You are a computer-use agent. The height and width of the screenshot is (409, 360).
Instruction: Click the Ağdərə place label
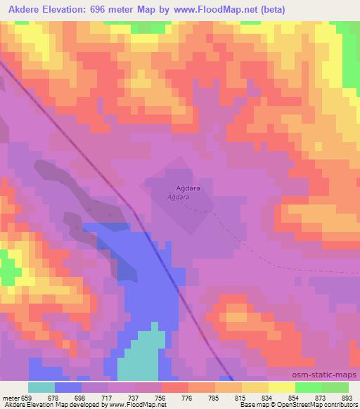tap(183, 189)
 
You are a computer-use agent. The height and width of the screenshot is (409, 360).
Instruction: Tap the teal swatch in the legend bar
tap(41, 387)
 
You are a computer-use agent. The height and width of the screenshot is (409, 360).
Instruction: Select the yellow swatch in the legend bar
tap(281, 387)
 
